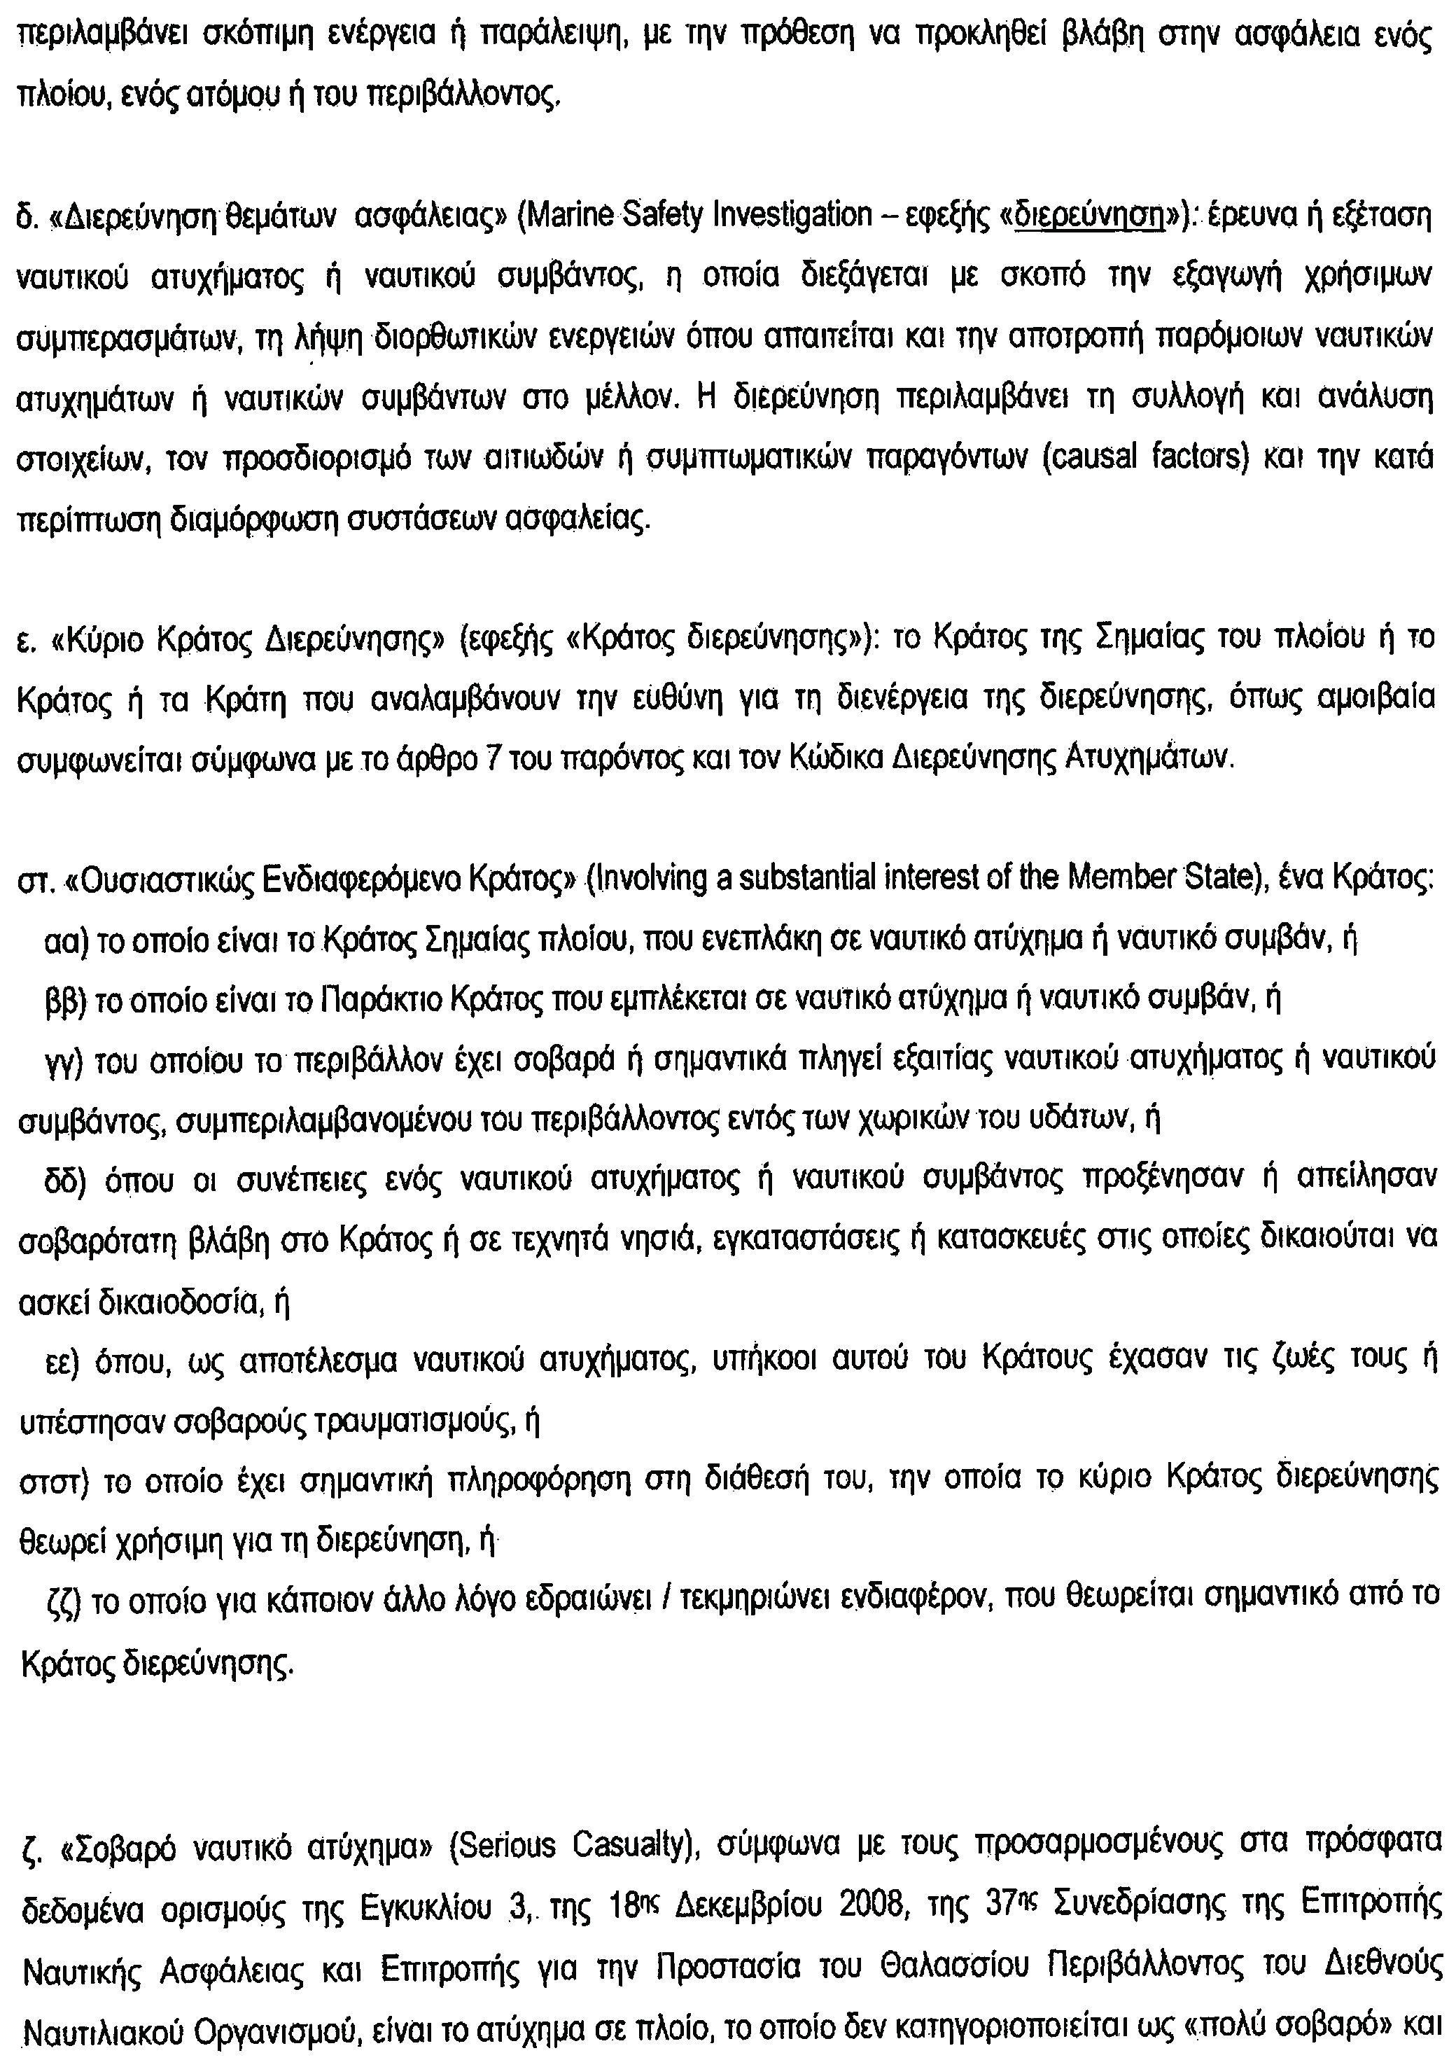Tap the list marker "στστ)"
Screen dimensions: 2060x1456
point(52,1483)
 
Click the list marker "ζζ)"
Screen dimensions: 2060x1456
point(64,1604)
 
